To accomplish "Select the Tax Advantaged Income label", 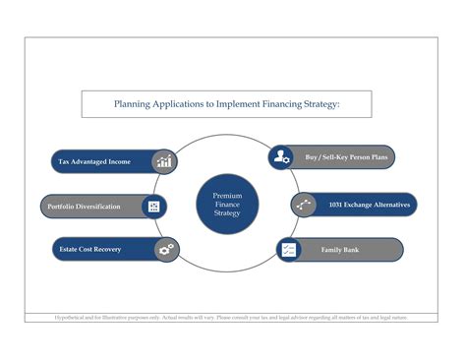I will pyautogui.click(x=94, y=161).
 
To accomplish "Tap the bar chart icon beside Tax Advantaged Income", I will pyautogui.click(x=164, y=161).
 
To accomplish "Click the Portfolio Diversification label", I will pyautogui.click(x=85, y=207).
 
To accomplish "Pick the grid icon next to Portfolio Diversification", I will pyautogui.click(x=153, y=207).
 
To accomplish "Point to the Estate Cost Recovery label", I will pyautogui.click(x=88, y=250).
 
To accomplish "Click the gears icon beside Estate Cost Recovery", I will pyautogui.click(x=165, y=250).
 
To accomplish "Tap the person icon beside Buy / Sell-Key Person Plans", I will pyautogui.click(x=282, y=155).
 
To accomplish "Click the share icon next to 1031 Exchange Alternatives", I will pyautogui.click(x=304, y=205).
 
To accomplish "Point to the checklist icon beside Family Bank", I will pyautogui.click(x=288, y=250).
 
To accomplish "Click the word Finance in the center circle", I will pyautogui.click(x=227, y=206).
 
